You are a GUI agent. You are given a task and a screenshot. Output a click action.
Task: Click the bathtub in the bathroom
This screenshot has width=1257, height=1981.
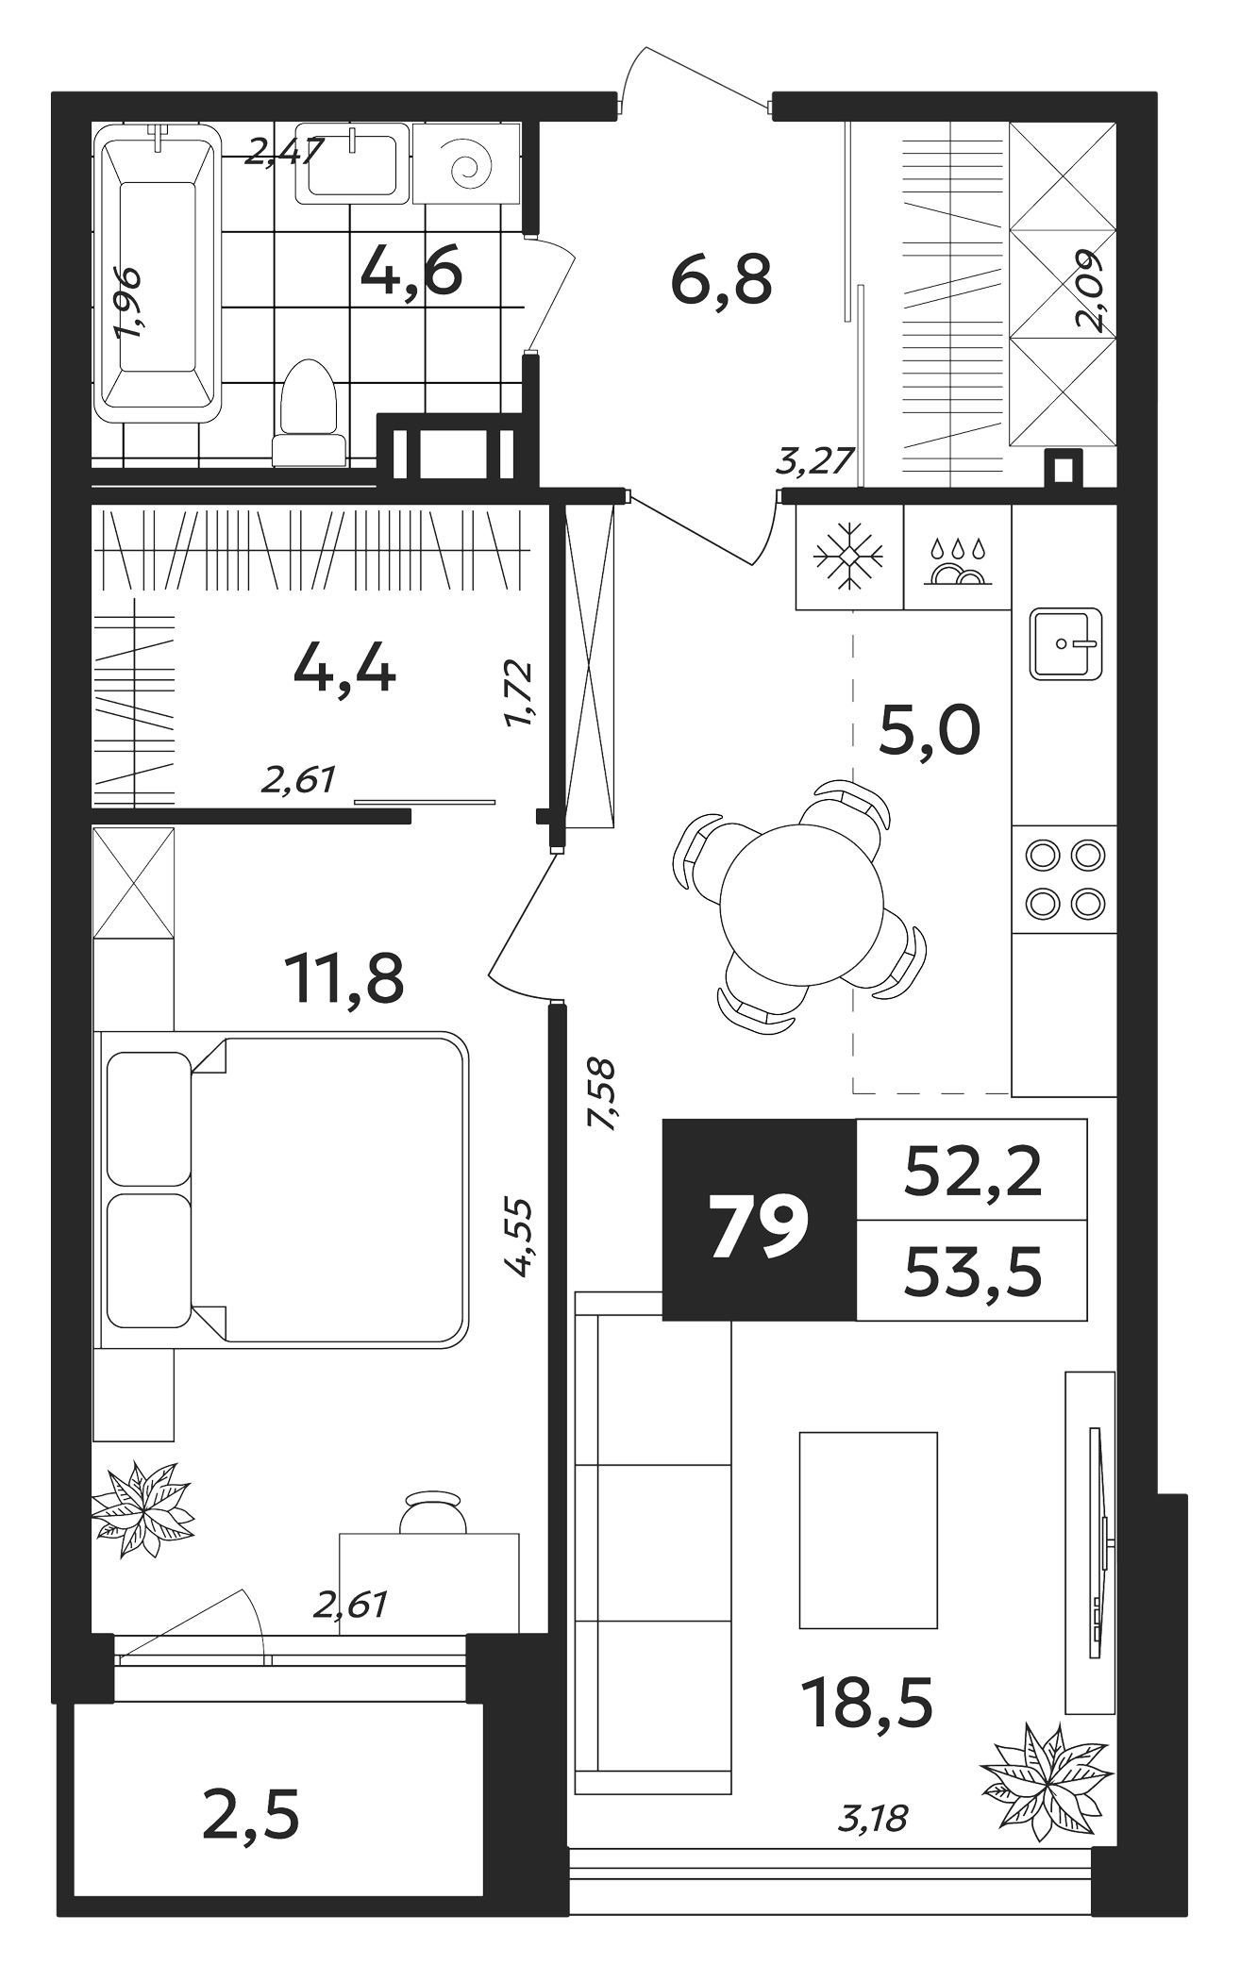point(158,274)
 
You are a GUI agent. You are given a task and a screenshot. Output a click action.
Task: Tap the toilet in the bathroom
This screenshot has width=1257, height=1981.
point(309,413)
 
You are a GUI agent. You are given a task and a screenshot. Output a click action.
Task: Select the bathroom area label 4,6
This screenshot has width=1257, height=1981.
point(411,272)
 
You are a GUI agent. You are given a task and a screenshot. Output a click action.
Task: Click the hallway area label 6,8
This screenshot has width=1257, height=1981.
point(721,280)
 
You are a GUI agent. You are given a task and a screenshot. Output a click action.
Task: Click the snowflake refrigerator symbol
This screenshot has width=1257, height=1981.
point(849,558)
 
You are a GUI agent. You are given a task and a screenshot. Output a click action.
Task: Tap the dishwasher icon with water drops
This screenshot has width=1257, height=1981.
point(957,563)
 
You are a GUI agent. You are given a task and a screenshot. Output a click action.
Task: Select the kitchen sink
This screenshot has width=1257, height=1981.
point(1066,643)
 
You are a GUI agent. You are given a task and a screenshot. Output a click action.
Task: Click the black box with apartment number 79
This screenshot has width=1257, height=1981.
point(760,1219)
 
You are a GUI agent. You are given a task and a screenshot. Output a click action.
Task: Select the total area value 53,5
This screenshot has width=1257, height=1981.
point(973,1272)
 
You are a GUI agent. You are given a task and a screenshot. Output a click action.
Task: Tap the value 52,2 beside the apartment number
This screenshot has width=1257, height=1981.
point(973,1172)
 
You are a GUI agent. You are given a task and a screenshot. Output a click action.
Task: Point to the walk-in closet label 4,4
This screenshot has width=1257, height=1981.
point(344,672)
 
